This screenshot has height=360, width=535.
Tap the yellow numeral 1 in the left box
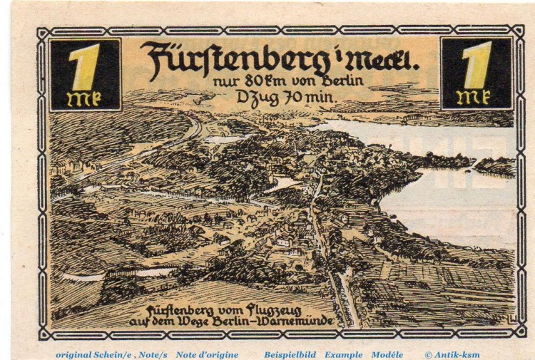pos(84,66)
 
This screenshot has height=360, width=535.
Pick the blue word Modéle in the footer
pos(387,354)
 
